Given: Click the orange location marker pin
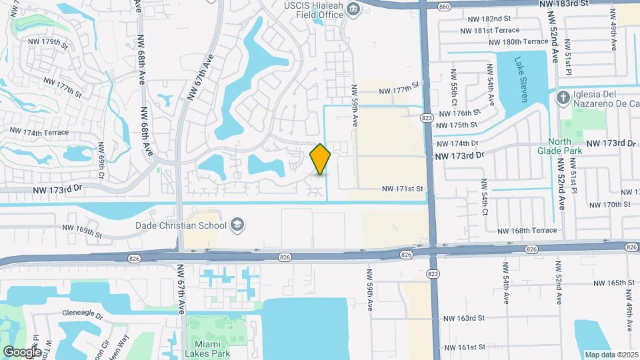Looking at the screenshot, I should point(321,159).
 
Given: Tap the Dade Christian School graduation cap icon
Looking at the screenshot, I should point(236,225).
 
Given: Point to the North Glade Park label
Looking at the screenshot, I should point(565,145).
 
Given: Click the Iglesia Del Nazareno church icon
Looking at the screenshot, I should point(563,98).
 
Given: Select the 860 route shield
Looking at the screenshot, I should point(444,6).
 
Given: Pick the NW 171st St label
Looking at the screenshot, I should point(403,189).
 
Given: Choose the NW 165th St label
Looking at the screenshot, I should point(611,283).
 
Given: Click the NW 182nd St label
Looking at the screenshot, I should point(487,19).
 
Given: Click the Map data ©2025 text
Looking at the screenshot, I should point(611,355).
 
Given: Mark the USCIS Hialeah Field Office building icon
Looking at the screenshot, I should point(353,8).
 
